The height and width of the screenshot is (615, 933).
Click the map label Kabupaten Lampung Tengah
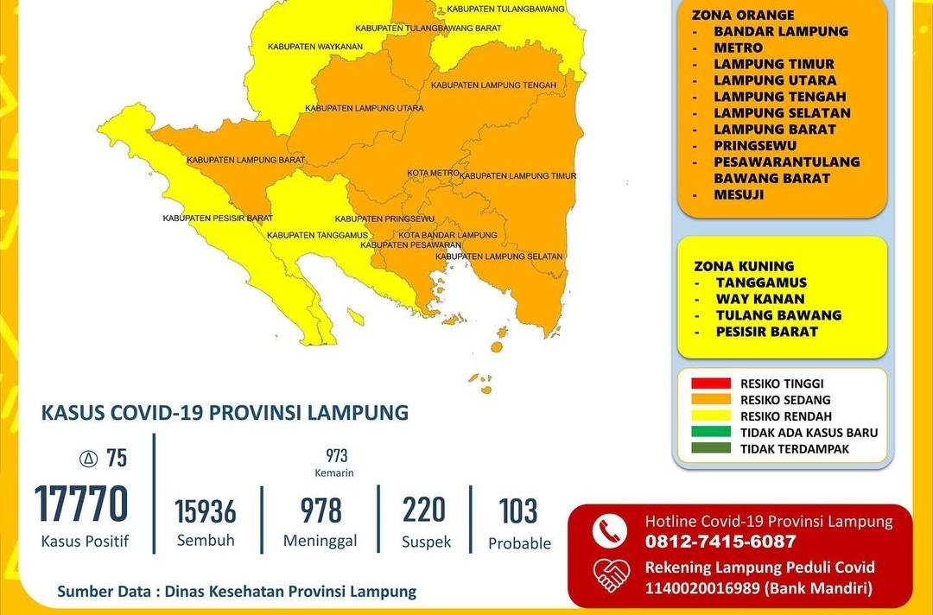pyautogui.click(x=487, y=86)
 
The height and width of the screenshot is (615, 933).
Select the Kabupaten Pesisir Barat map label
pyautogui.click(x=218, y=219)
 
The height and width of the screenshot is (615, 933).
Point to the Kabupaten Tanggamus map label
pyautogui.click(x=317, y=235)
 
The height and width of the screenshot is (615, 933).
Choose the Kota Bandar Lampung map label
pyautogui.click(x=447, y=235)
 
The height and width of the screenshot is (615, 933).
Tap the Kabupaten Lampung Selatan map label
pyautogui.click(x=498, y=257)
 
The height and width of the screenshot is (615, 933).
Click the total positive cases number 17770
pyautogui.click(x=81, y=504)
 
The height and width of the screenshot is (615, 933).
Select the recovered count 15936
pyautogui.click(x=206, y=511)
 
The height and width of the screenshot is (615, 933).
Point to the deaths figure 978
pyautogui.click(x=321, y=510)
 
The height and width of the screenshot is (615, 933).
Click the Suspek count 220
pyautogui.click(x=424, y=510)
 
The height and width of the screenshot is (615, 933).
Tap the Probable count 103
pyautogui.click(x=518, y=511)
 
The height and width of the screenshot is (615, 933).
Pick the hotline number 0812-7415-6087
pyautogui.click(x=720, y=542)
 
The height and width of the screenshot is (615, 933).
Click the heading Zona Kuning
pyautogui.click(x=744, y=266)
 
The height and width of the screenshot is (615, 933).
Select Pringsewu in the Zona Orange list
pyautogui.click(x=755, y=146)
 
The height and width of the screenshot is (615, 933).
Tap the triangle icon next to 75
pyautogui.click(x=87, y=459)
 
